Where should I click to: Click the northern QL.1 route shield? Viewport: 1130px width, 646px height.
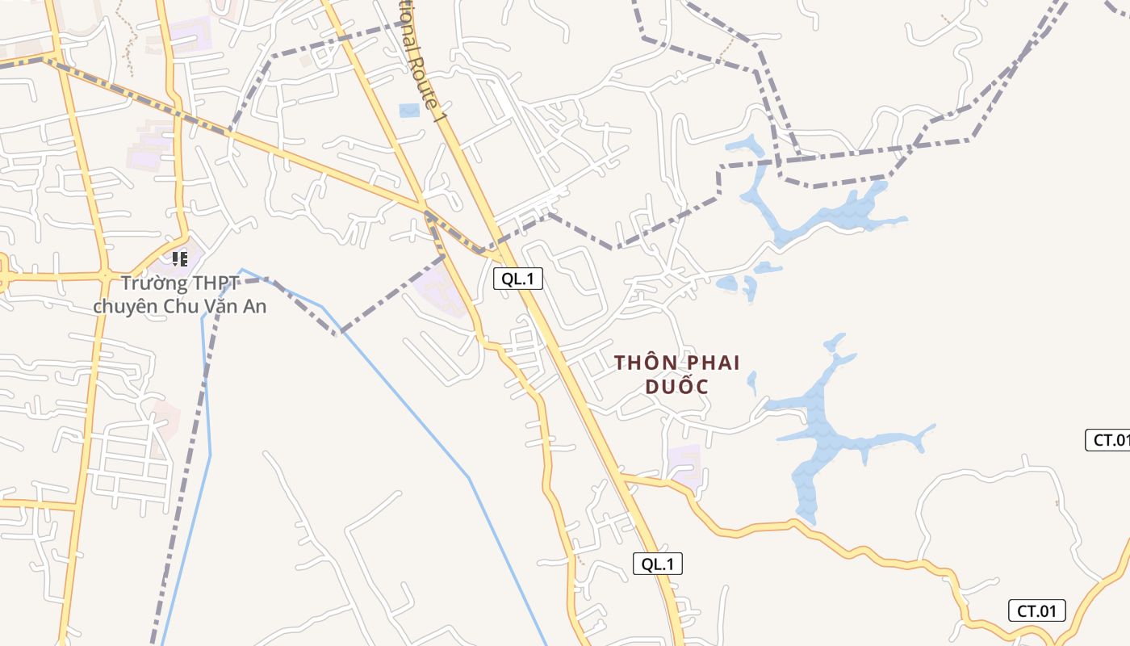[x=518, y=279]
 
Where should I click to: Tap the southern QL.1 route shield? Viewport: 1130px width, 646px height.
[x=657, y=564]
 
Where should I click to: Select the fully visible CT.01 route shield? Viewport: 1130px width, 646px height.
[x=1037, y=611]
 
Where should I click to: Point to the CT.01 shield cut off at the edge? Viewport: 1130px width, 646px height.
[x=1110, y=440]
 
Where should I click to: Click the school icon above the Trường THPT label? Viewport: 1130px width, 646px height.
[x=179, y=259]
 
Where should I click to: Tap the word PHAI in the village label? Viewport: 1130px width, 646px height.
[x=713, y=363]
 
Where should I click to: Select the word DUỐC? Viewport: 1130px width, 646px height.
[x=676, y=387]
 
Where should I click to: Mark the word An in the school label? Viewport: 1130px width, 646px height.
[x=256, y=307]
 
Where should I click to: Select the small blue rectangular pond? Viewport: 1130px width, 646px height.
[x=410, y=111]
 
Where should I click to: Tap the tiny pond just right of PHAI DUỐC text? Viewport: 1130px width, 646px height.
[x=752, y=381]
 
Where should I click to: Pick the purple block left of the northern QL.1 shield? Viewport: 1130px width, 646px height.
[x=440, y=289]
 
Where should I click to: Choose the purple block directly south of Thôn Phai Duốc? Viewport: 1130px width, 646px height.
[x=684, y=464]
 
